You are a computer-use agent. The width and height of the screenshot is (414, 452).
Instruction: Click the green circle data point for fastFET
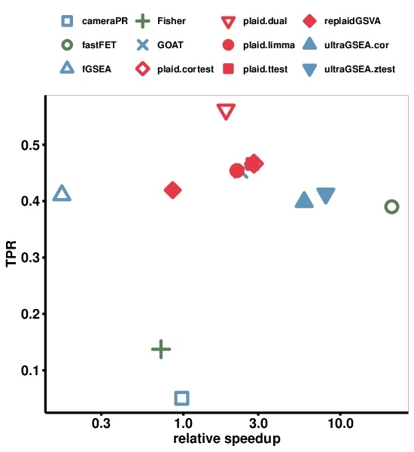coord(391,207)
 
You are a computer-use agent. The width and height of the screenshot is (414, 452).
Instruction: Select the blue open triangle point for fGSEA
coord(62,194)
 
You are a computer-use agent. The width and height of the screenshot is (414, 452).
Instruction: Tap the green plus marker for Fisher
coord(161,349)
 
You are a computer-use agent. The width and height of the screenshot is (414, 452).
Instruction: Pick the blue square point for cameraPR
coord(181,398)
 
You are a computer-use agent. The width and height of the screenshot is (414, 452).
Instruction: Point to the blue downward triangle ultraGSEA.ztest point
coord(326,196)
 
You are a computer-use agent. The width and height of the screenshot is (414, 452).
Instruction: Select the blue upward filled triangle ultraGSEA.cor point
coord(304,200)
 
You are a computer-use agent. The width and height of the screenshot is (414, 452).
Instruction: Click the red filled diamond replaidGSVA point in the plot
coord(172,190)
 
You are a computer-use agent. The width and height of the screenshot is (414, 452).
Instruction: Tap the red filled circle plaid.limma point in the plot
coord(237,171)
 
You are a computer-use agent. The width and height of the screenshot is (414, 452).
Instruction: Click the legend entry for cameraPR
coord(105,20)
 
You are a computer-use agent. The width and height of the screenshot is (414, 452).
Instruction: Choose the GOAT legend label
coord(170,45)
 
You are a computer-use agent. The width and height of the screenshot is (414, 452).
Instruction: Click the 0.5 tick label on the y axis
coord(31,145)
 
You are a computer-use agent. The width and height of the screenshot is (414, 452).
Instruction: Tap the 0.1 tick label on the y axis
coord(31,370)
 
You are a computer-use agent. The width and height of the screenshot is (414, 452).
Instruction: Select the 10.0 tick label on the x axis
coord(341,424)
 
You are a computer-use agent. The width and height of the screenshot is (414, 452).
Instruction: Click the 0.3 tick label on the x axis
coord(101,424)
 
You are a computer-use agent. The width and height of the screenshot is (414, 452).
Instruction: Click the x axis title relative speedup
coord(227,439)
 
